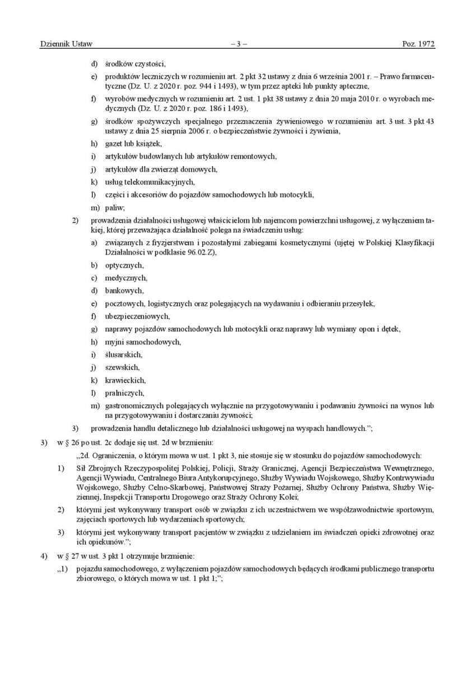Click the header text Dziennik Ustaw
(66, 44)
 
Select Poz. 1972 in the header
(418, 44)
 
